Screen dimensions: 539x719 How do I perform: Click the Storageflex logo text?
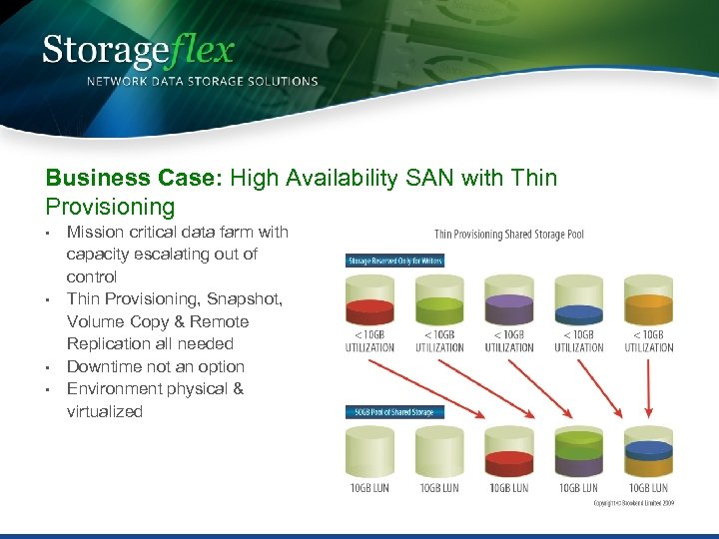138,50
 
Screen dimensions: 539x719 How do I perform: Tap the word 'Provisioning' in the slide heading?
110,207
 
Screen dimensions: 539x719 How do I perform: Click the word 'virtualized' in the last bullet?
105,411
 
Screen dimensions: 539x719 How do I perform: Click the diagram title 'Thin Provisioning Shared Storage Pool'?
509,235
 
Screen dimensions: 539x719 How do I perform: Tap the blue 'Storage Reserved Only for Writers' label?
394,261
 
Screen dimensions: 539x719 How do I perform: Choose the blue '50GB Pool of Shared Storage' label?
394,411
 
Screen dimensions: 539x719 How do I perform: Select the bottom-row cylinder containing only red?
509,453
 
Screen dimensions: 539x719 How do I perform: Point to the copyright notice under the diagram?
634,503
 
